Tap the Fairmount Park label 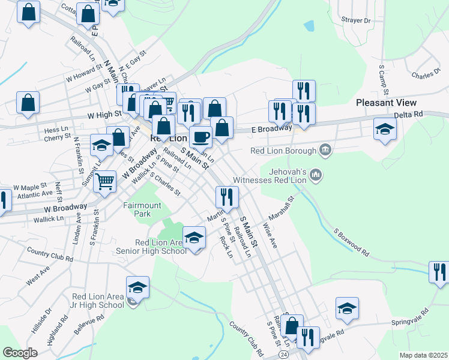tap(142, 209)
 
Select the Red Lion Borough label tap(284, 150)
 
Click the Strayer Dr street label tap(356, 20)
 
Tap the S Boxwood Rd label tap(351, 241)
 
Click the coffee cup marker tap(200, 137)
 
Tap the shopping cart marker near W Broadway tap(105, 180)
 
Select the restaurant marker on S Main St tap(227, 197)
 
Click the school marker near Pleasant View tap(384, 129)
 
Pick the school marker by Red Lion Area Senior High tap(194, 238)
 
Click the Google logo tap(20, 352)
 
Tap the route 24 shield tap(283, 355)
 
